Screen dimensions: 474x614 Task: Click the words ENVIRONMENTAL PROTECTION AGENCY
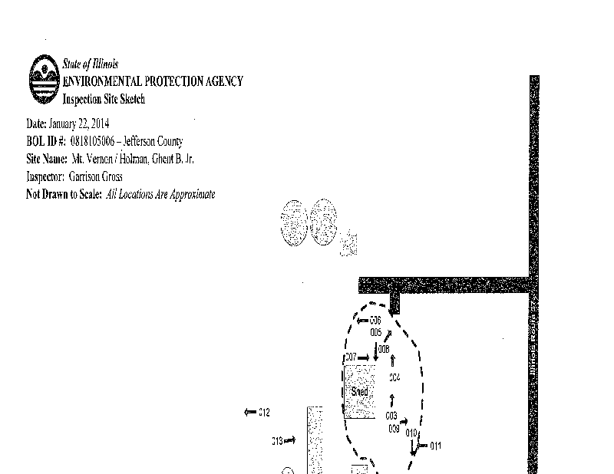tap(153, 81)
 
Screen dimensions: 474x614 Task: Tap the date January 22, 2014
tap(80, 123)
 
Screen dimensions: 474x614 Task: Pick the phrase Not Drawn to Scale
tap(64, 194)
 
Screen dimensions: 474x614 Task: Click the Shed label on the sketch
tap(359, 392)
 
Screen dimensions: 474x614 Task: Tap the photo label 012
tap(263, 413)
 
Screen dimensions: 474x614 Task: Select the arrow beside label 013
tap(290, 440)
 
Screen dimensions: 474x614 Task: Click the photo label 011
tap(436, 446)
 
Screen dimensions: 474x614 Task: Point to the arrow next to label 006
tap(362, 320)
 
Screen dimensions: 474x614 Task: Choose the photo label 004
tap(394, 377)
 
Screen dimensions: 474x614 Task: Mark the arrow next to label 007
tap(364, 357)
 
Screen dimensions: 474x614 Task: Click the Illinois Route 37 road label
tap(533, 337)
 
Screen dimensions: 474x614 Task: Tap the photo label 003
tap(391, 415)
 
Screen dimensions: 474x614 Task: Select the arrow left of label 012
tap(249, 413)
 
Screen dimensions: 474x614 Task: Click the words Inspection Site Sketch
tap(104, 99)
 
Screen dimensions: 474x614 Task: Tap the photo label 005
tap(375, 332)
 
